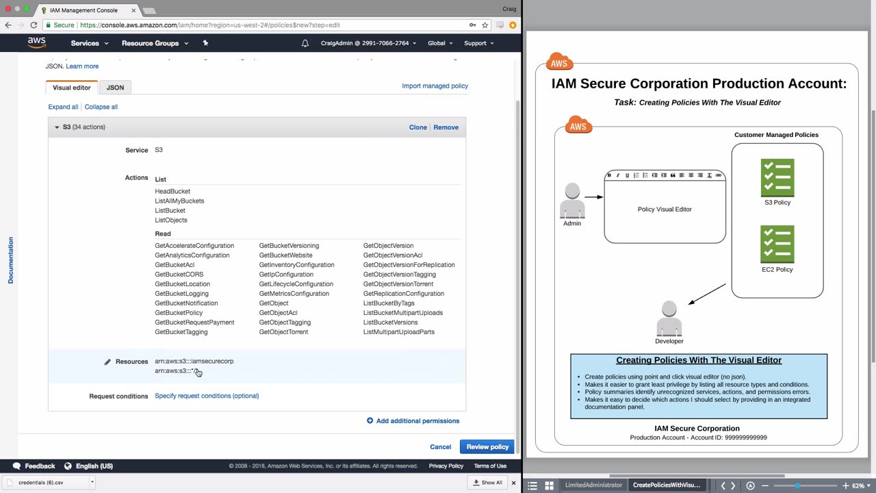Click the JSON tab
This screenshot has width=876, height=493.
coord(115,87)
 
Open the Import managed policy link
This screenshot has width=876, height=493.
coord(435,86)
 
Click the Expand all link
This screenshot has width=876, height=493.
coord(63,107)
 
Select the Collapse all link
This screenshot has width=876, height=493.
coord(101,107)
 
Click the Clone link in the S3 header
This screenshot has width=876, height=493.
coord(417,127)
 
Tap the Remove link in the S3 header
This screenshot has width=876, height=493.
coord(446,127)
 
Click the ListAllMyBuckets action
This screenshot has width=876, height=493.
coord(179,201)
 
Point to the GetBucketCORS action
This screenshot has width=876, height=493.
coord(179,275)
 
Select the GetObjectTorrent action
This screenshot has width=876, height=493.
coord(283,332)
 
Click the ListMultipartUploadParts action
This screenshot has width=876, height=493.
coord(399,332)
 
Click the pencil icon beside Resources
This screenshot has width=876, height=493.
coord(107,362)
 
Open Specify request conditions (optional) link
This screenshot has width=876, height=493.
coord(207,396)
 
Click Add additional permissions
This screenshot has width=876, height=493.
coord(413,421)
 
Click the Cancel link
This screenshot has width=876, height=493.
coord(440,447)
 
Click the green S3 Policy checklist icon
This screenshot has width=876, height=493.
coord(777,177)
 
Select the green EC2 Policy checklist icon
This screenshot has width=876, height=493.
coord(777,244)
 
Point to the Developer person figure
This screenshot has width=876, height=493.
coord(669,318)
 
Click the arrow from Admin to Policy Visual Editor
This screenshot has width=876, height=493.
coord(593,197)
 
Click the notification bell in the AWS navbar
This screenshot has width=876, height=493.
coord(305,43)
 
